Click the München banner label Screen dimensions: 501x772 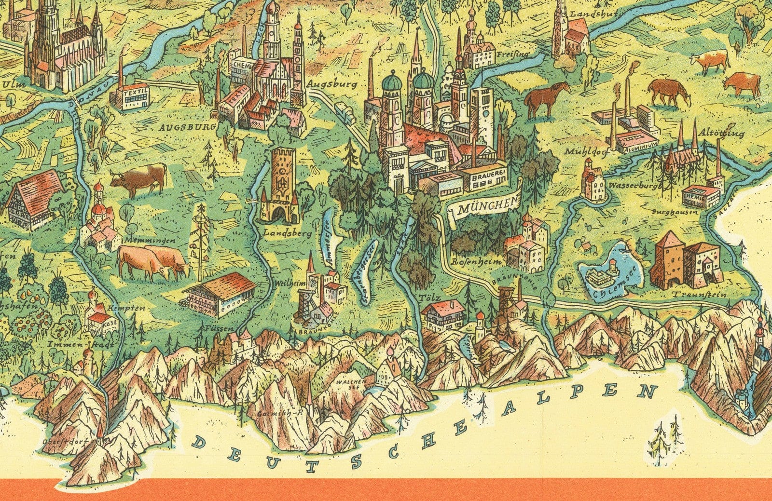pyautogui.click(x=484, y=208)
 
